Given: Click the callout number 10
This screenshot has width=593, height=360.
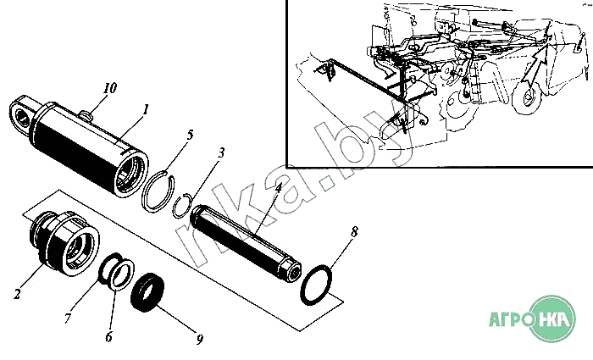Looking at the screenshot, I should (109, 88).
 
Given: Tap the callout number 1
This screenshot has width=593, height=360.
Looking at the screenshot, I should (146, 109).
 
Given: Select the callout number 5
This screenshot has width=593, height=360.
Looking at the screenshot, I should (191, 135).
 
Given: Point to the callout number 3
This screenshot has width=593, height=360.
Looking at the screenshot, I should (221, 153).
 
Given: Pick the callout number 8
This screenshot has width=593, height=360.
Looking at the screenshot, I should (355, 230).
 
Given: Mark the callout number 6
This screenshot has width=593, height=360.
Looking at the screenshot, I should (108, 336).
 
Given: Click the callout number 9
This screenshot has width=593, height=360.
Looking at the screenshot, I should (200, 340).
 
